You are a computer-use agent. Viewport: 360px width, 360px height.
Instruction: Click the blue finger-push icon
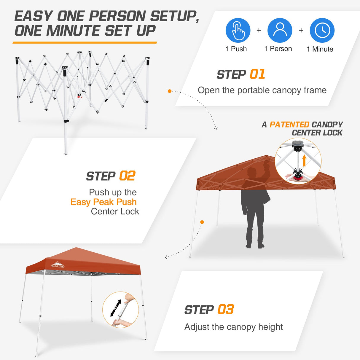point(238,31)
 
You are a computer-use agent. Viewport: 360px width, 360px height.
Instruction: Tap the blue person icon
point(280,31)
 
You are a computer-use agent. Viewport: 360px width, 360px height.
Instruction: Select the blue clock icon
point(322,31)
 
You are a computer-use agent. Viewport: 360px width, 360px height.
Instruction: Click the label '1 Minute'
point(320,49)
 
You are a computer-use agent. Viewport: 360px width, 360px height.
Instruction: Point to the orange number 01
point(257,74)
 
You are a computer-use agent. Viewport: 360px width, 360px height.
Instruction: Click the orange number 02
point(127,176)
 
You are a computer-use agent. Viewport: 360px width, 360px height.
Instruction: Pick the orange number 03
point(226,310)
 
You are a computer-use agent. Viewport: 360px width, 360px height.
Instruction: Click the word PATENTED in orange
point(289,125)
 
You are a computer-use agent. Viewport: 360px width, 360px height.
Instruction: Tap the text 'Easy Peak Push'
point(103,202)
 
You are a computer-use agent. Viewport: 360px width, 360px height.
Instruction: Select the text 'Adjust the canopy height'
point(233,327)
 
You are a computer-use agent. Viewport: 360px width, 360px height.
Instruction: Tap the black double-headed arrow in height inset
point(116,308)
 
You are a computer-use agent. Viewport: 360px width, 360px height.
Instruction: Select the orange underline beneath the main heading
point(85,43)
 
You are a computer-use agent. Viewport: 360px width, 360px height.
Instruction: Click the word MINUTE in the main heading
point(74,31)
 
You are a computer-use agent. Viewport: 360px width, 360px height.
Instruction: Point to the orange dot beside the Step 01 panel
point(170,91)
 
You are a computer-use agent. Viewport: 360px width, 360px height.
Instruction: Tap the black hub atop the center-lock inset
point(297,145)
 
